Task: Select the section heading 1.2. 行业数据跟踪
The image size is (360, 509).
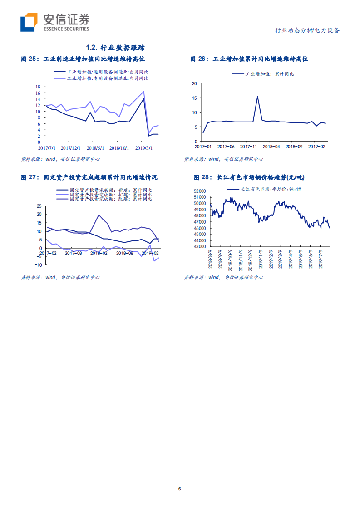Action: point(115,48)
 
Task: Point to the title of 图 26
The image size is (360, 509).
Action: point(249,59)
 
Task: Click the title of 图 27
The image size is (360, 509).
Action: point(89,177)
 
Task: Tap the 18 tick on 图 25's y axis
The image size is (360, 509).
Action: point(38,87)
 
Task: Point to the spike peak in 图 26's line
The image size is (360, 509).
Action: point(257,96)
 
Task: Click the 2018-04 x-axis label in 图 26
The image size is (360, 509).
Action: point(271,147)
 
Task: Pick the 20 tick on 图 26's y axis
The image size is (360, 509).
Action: point(194,84)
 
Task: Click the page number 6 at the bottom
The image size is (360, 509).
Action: point(180,489)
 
